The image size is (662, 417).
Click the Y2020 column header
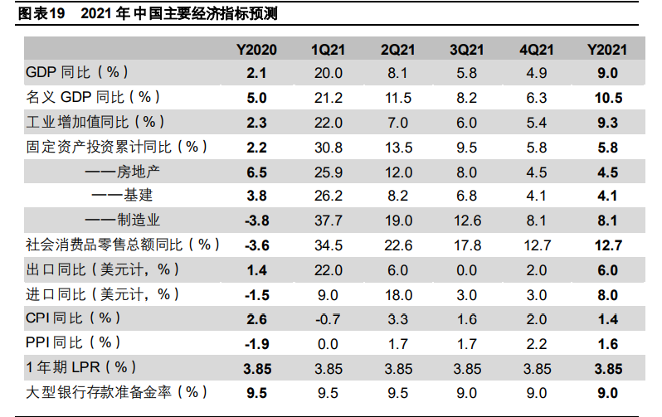pos(256,49)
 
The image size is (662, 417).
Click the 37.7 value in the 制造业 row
pos(327,221)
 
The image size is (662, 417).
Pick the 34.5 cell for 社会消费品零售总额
pos(327,245)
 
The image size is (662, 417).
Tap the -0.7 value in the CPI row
pos(327,319)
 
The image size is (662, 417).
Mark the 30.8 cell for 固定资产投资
pos(327,148)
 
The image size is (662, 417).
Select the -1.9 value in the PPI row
pos(256,343)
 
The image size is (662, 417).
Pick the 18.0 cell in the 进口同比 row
pos(398,294)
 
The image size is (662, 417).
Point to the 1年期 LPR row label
pos(81,367)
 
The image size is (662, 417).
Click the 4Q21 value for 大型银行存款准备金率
pos(536,392)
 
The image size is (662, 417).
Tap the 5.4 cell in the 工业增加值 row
pos(536,123)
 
